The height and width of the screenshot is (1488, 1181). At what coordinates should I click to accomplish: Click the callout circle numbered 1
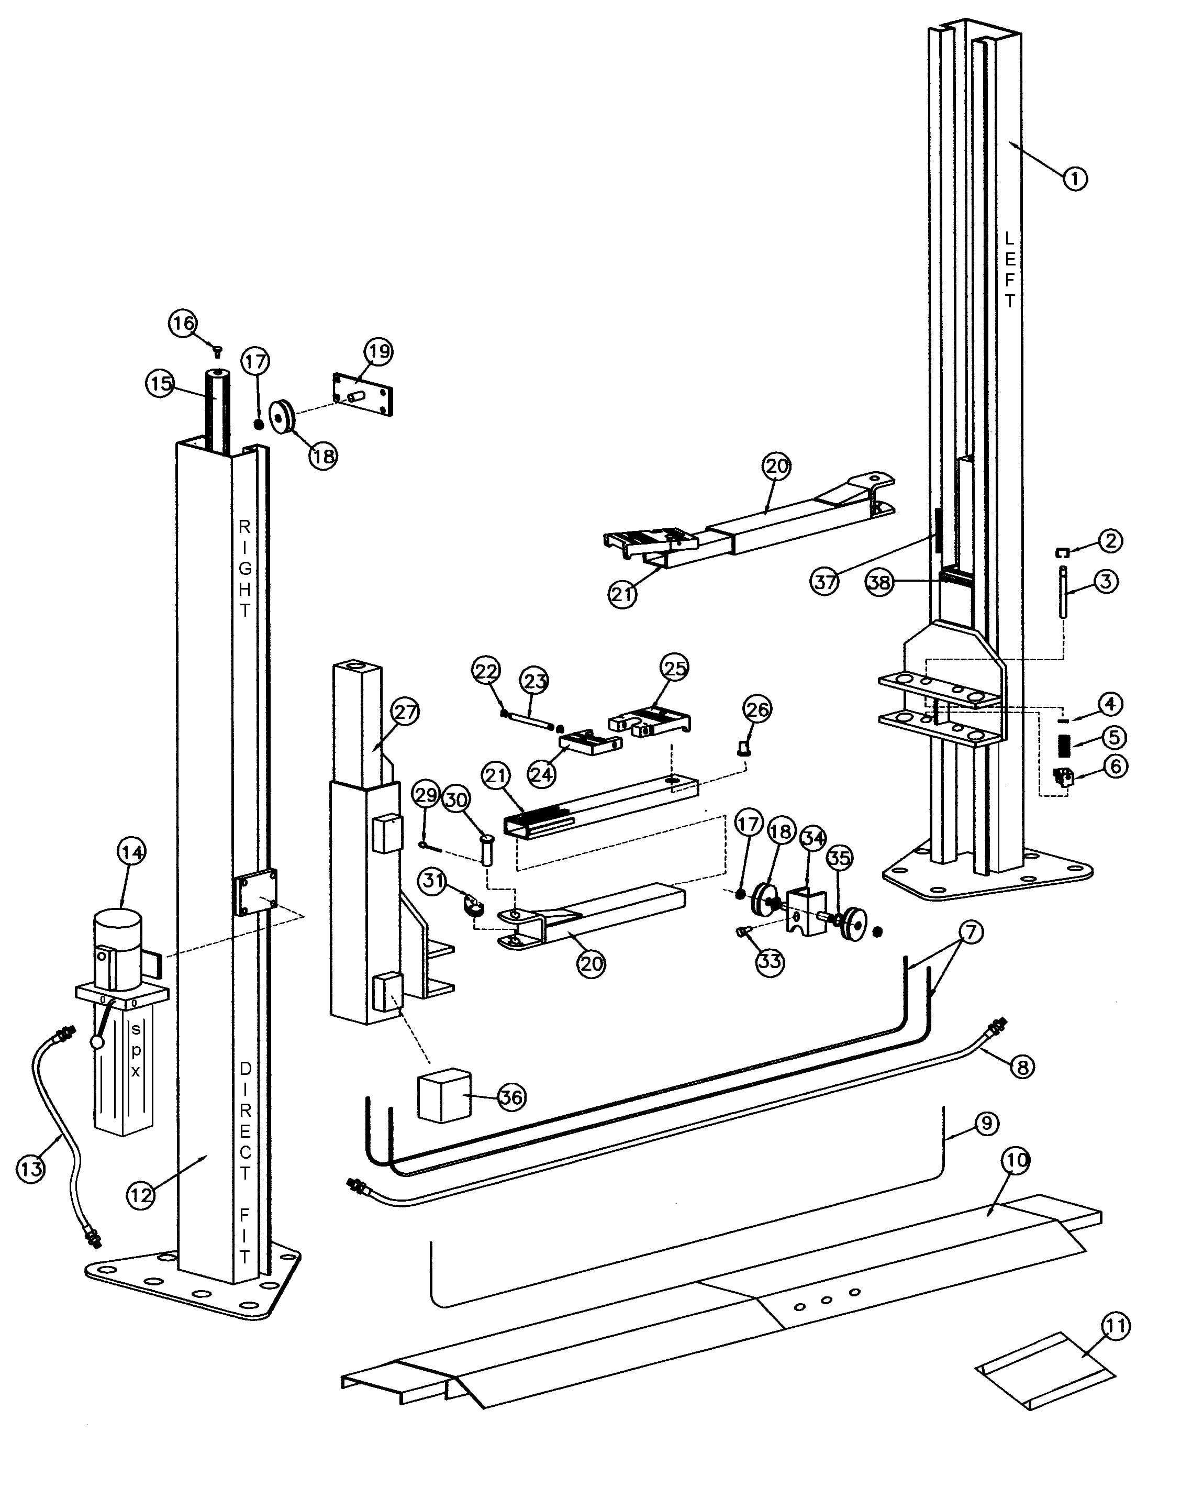1074,178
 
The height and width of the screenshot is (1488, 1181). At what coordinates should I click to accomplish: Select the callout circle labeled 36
511,1097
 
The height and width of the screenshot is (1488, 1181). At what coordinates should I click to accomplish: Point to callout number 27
405,712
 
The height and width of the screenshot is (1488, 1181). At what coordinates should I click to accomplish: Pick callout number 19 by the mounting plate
378,352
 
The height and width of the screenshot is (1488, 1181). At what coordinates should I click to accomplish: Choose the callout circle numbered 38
879,583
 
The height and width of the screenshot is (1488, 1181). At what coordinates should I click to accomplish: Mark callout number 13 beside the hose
30,1169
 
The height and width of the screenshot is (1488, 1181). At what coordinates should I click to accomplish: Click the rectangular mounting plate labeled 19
364,395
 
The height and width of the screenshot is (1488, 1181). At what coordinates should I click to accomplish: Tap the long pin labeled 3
1064,592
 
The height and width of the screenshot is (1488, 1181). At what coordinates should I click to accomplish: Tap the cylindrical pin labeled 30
488,850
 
